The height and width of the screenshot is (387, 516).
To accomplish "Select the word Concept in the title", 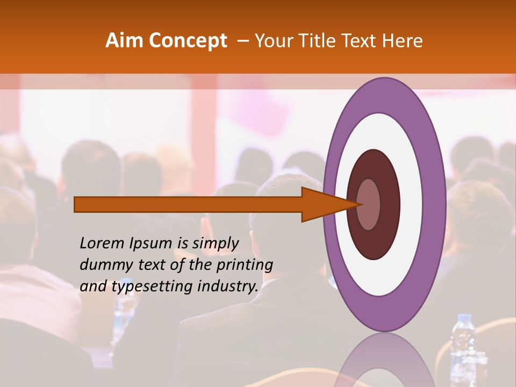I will pos(188,40).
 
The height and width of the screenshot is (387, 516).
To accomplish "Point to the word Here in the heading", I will pos(403,40).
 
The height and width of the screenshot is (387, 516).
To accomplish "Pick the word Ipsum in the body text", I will pos(151,243).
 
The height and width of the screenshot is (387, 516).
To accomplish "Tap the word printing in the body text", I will pos(244,265).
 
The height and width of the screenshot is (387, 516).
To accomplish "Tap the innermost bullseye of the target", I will pos(369,204).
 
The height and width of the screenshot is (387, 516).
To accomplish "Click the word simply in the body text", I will pos(215,243).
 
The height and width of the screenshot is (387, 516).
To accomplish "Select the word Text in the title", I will pos(360,40).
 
